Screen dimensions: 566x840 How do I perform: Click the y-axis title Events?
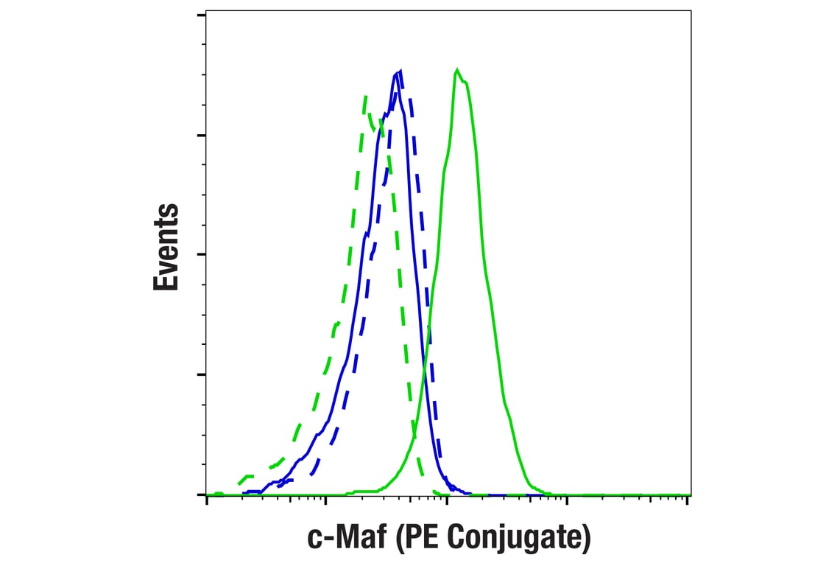click(x=166, y=247)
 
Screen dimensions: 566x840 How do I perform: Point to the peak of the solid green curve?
click(x=457, y=70)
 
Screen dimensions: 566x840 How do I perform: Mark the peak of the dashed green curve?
click(x=364, y=95)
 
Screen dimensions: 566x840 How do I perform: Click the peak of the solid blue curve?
click(x=396, y=72)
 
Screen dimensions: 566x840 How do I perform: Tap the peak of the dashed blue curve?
click(x=400, y=71)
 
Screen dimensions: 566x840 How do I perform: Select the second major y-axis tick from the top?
click(x=202, y=136)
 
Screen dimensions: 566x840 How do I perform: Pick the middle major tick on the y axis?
click(x=202, y=255)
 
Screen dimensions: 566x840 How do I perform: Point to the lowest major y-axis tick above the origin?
click(x=202, y=374)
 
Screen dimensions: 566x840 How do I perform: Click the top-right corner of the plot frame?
click(x=691, y=10)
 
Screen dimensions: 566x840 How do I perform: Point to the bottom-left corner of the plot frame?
click(x=205, y=495)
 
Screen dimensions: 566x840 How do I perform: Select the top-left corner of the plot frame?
click(x=205, y=10)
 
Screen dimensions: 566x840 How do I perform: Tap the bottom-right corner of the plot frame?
click(x=691, y=495)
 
